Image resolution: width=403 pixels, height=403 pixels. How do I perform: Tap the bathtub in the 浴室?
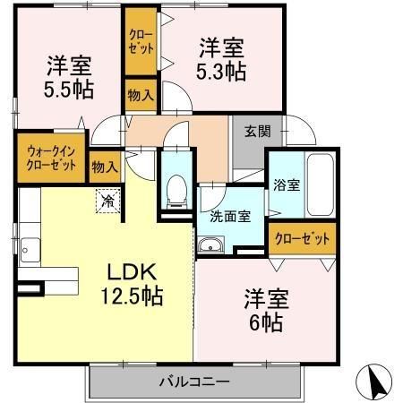point(321,184)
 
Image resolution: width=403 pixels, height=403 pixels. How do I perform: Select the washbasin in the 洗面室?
point(210,244)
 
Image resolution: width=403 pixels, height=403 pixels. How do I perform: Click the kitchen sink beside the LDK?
point(30,250)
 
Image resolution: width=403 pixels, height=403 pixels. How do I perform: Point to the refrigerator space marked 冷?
point(107,201)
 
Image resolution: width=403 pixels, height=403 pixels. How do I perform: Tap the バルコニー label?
point(194,382)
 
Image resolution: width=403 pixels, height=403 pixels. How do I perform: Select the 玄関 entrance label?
point(258,132)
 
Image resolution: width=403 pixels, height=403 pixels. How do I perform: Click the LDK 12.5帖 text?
point(132,284)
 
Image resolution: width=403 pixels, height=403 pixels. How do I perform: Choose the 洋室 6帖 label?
point(266,311)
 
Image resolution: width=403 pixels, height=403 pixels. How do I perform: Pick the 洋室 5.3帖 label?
point(221,59)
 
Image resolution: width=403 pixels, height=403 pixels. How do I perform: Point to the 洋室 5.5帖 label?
point(69,78)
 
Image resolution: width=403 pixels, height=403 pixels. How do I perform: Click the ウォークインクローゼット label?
point(51,159)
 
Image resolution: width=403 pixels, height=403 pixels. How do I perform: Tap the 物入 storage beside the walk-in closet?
point(105,167)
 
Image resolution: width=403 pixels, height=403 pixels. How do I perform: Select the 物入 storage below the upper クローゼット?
point(141,96)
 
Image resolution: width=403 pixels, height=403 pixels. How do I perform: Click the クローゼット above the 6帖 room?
point(302,239)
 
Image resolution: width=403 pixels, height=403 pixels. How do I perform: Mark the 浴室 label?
point(287,185)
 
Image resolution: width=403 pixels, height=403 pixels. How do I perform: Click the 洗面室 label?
point(230,217)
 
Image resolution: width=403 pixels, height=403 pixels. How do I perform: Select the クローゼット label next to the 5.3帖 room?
point(141,41)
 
